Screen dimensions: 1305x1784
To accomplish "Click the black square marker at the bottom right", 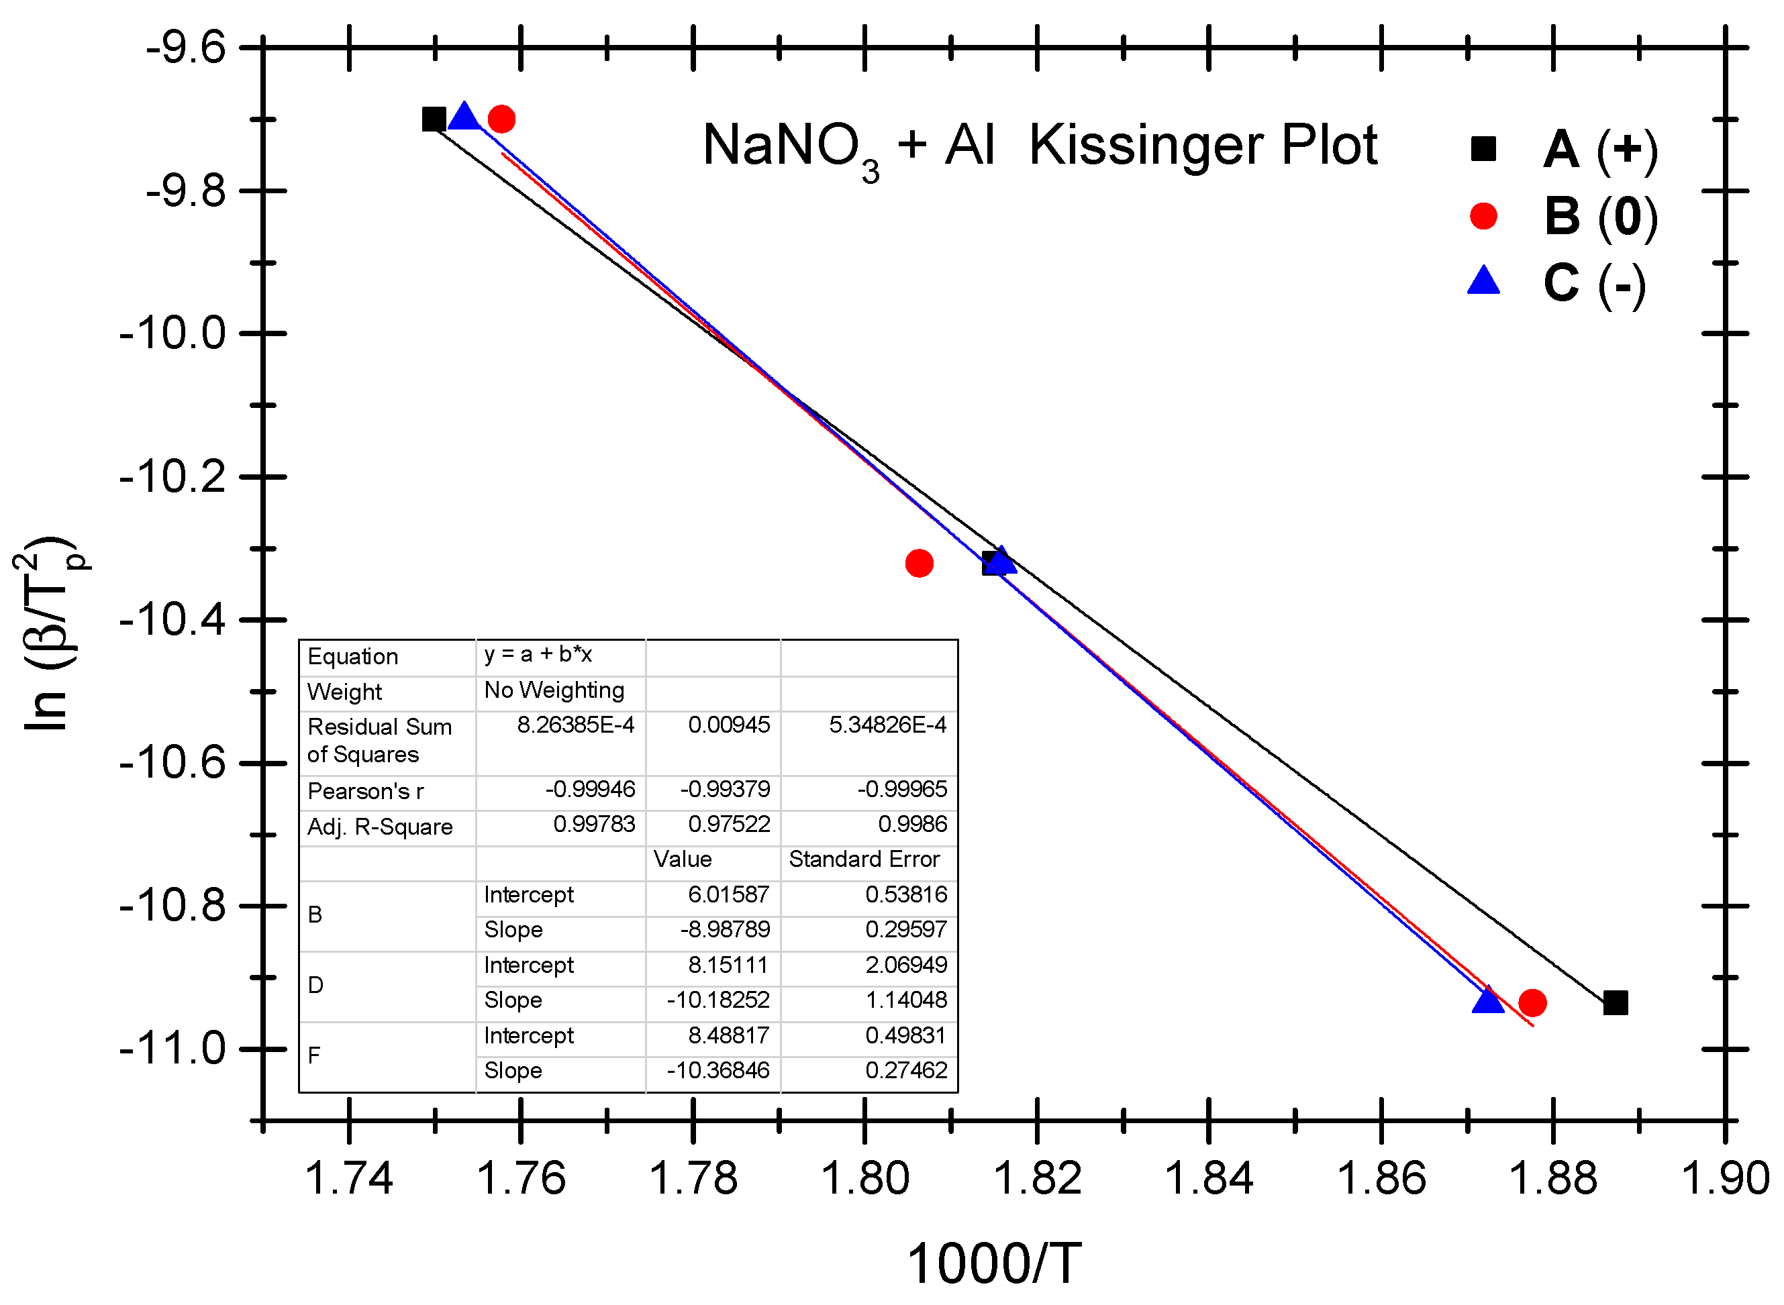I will coord(1615,1002).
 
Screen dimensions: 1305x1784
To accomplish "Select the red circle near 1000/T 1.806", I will coord(918,563).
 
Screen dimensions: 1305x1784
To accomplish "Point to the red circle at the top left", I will coord(501,119).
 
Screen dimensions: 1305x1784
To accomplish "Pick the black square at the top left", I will coord(434,119).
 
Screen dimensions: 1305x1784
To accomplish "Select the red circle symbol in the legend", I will coord(1483,215).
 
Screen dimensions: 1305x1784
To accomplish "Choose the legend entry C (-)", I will coord(1594,284).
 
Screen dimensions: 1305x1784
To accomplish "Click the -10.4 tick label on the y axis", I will coord(172,620).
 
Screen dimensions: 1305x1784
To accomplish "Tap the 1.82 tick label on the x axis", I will coord(1036,1178).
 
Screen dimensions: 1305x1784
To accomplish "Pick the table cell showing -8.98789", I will coord(724,929).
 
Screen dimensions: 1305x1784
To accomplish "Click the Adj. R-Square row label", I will coord(380,827).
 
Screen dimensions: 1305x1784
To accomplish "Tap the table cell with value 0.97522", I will coord(728,824).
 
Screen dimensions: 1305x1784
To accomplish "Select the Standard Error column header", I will coord(864,859).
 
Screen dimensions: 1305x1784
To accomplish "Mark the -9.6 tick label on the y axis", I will coord(186,48).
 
